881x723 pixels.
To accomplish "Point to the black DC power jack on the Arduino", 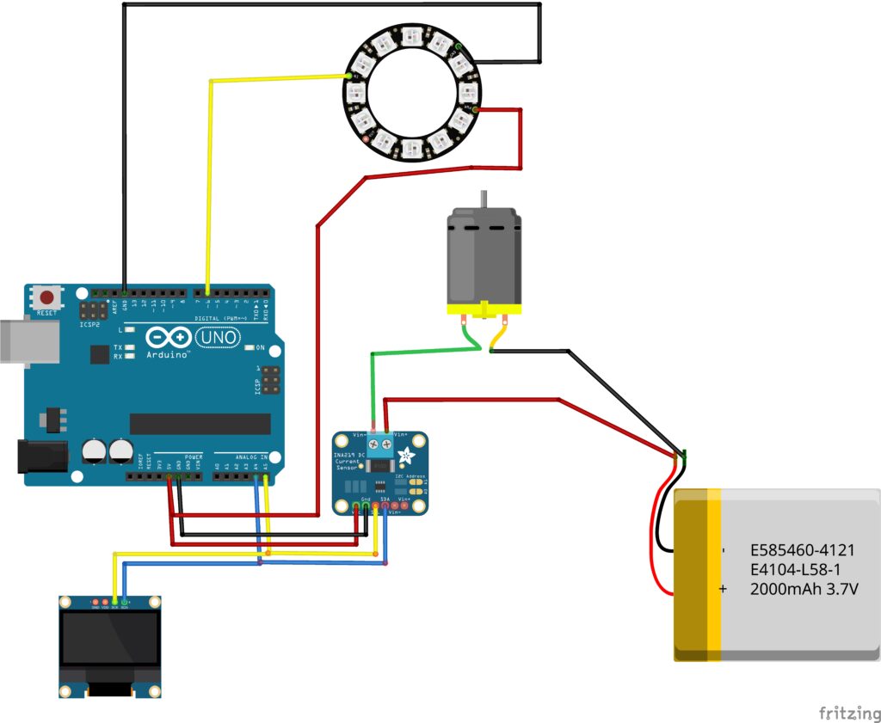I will pyautogui.click(x=41, y=456).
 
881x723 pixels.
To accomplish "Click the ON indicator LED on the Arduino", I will pyautogui.click(x=250, y=347).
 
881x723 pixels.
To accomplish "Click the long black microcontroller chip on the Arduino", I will pyautogui.click(x=200, y=424).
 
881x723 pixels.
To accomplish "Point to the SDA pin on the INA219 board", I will pyautogui.click(x=385, y=505).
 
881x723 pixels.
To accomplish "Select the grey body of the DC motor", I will pyautogui.click(x=484, y=258).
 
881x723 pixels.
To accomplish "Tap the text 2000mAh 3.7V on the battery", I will pyautogui.click(x=804, y=590).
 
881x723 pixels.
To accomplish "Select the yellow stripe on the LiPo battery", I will pyautogui.click(x=714, y=574).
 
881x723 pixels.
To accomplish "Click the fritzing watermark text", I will pyautogui.click(x=847, y=713).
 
